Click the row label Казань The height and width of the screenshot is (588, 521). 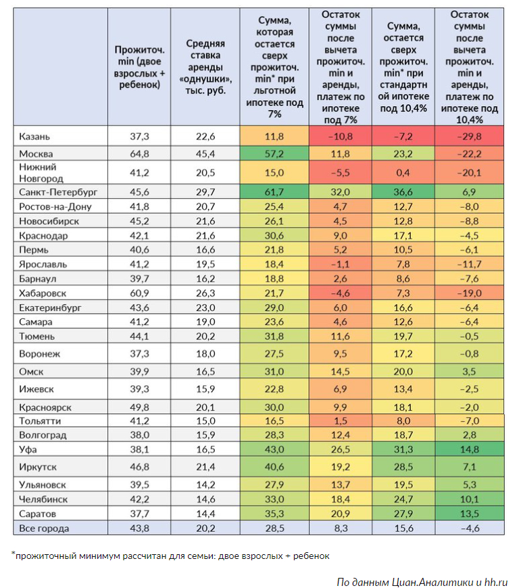point(34,137)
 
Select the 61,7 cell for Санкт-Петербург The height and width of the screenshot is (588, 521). point(274,193)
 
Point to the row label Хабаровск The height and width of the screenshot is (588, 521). point(43,293)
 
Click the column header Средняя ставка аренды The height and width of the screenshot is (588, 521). point(205,67)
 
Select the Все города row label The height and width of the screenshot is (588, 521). point(45,528)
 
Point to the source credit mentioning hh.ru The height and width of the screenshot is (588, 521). point(422,581)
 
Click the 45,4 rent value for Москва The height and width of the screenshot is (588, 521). point(205,153)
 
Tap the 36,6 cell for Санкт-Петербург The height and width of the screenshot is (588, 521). point(404,193)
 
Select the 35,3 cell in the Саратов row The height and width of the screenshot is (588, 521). point(274,514)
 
